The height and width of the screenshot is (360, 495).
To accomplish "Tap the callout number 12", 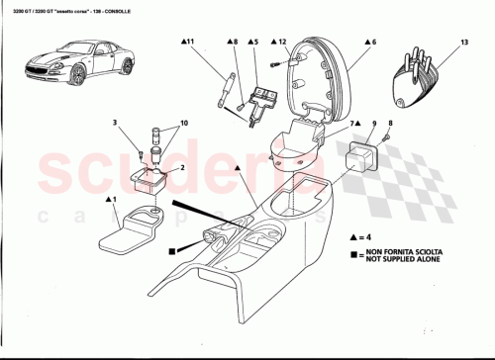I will (282, 44).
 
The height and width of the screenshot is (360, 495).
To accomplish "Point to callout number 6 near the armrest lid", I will (373, 44).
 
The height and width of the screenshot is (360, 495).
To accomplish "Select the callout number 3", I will (115, 123).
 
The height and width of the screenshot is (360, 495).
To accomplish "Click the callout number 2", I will (182, 168).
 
